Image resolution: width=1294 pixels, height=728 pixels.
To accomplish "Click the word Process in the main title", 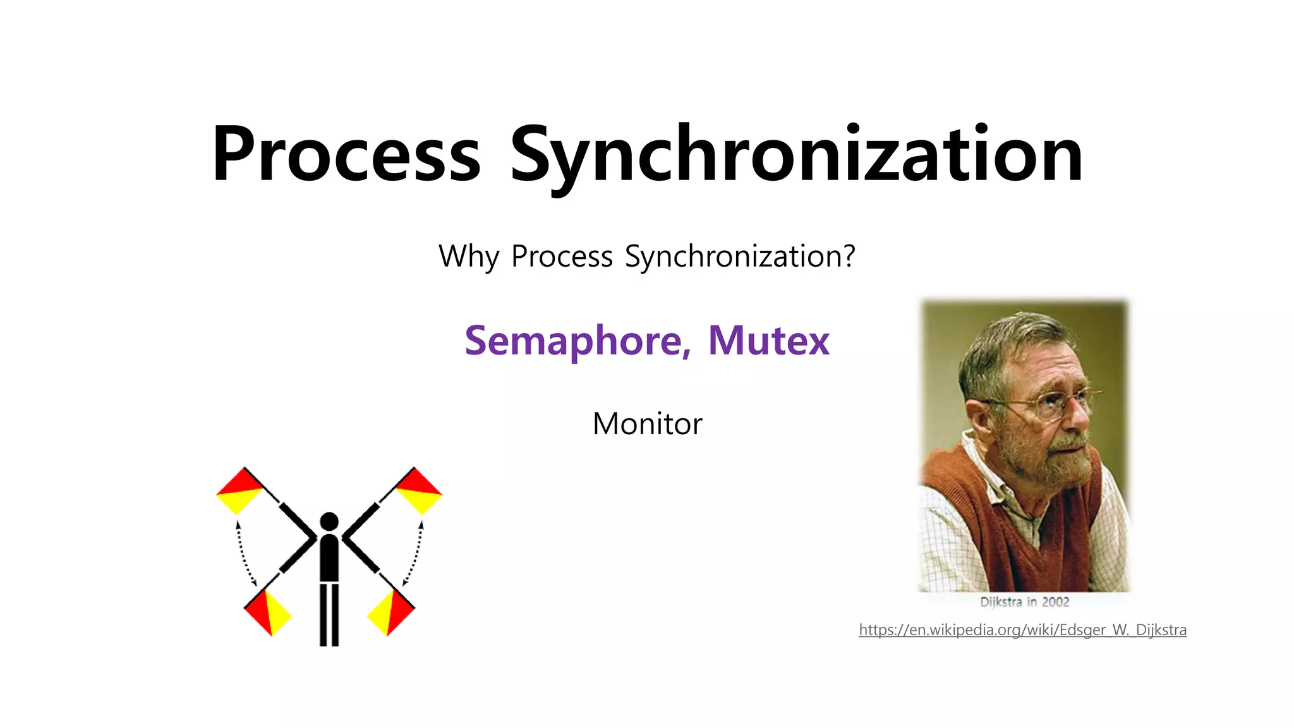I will click(346, 155).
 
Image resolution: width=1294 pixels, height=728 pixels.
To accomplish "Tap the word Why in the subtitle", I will click(468, 257).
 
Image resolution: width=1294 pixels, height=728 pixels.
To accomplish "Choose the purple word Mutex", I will click(768, 341).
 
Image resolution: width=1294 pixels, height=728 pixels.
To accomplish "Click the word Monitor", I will click(647, 423).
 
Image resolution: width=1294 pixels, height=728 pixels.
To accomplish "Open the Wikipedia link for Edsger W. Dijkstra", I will click(1022, 630).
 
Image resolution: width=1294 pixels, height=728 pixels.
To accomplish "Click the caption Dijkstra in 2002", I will click(1024, 602).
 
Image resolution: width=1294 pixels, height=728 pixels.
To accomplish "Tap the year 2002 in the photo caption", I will click(1055, 602).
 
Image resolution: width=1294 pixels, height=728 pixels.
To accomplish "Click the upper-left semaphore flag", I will click(240, 491).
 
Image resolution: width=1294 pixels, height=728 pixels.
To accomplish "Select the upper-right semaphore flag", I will click(418, 491).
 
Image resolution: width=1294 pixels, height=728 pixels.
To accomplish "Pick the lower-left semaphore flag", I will click(267, 611).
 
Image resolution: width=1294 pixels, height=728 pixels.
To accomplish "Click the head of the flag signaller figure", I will click(329, 522).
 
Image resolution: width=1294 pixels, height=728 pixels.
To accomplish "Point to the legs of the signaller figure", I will click(329, 614).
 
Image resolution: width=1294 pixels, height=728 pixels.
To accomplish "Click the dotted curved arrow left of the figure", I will click(243, 554).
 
